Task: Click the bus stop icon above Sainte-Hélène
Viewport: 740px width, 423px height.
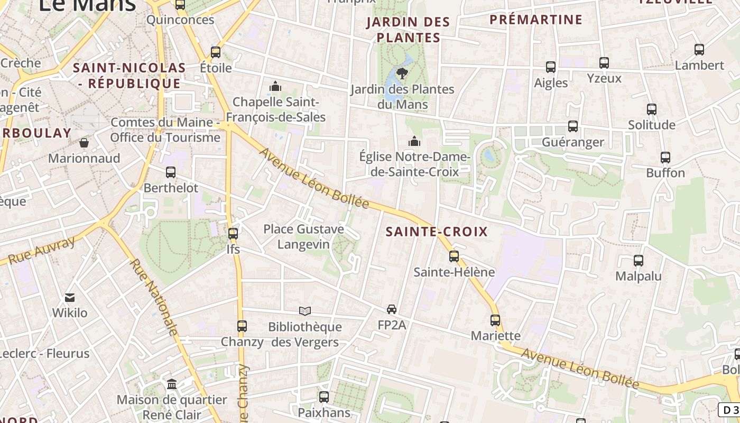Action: (x=454, y=256)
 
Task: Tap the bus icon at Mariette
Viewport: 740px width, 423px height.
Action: (x=495, y=320)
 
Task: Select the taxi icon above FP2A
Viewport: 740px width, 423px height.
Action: (x=391, y=309)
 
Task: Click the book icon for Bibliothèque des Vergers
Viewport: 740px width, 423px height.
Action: (x=304, y=311)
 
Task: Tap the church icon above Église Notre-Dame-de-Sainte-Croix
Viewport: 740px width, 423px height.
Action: (x=414, y=141)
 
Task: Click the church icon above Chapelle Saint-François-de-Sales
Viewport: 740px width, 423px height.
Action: (x=275, y=86)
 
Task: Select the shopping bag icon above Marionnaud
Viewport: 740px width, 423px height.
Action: (x=84, y=143)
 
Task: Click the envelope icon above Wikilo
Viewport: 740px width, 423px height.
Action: (x=69, y=298)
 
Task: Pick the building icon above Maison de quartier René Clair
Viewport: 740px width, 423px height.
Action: (x=172, y=384)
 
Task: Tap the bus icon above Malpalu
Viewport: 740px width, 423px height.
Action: (x=638, y=260)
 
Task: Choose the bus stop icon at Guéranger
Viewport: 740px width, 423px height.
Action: (x=572, y=126)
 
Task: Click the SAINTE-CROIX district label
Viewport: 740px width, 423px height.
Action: (x=437, y=232)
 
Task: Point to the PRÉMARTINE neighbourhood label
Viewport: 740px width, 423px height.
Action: (x=536, y=20)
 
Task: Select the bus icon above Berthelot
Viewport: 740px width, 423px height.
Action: (x=170, y=172)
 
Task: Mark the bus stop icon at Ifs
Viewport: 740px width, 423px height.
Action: (x=233, y=233)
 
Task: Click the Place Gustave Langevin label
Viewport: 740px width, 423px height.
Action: (x=303, y=236)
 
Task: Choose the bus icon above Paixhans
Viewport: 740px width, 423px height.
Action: (x=323, y=397)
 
